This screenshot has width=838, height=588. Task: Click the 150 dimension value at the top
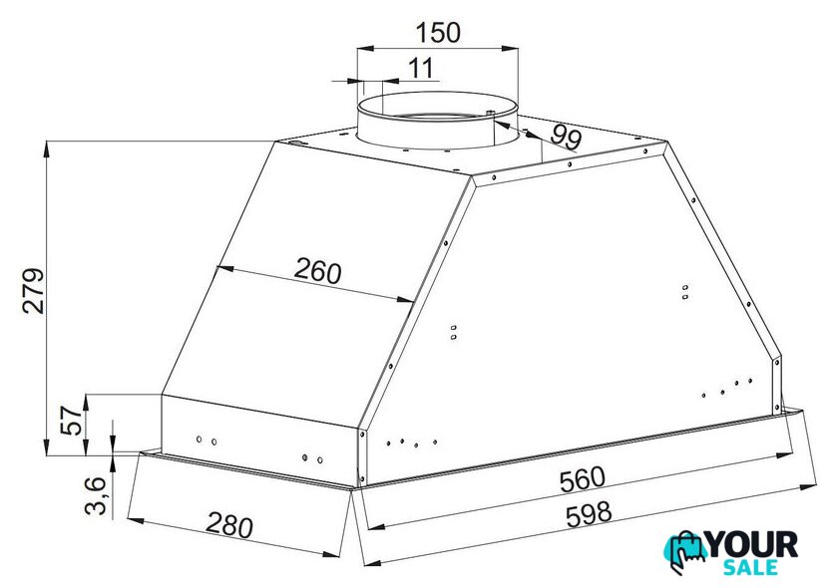click(x=437, y=32)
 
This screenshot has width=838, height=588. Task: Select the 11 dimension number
click(x=421, y=69)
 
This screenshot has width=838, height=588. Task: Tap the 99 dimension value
click(x=566, y=137)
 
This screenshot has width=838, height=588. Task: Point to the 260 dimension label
click(x=317, y=271)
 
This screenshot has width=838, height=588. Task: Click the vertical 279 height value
click(x=33, y=291)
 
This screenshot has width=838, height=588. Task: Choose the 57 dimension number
click(x=70, y=421)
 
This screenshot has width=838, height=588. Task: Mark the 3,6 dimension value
click(x=96, y=495)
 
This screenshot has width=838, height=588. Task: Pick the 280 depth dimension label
click(x=229, y=524)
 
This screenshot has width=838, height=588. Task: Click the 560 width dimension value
click(x=582, y=479)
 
